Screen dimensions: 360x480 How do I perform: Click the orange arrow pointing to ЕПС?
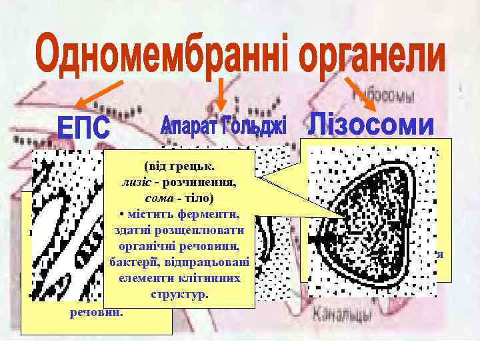(99, 92)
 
